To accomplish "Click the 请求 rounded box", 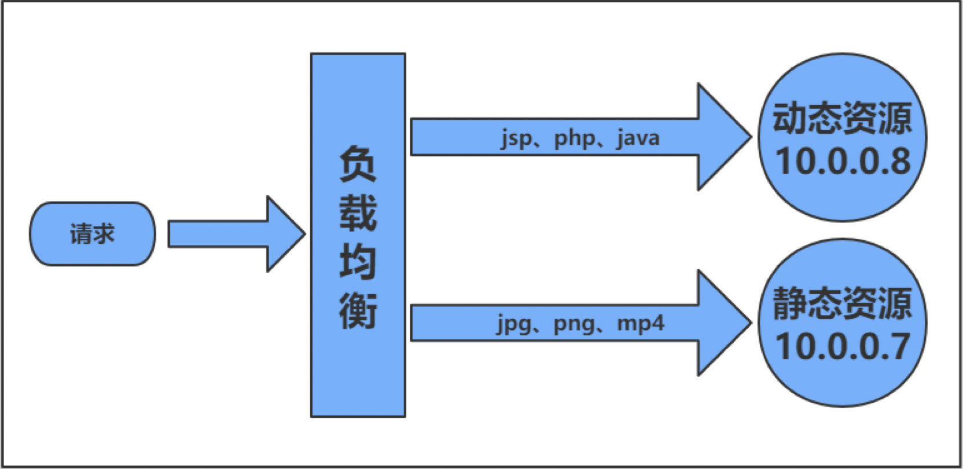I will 93,234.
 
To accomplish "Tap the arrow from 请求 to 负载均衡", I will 231,234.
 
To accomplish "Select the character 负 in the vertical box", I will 358,163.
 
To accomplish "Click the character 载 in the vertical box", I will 358,212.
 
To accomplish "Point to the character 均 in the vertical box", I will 358,261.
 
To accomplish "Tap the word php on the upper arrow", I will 574,138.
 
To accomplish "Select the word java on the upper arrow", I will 638,138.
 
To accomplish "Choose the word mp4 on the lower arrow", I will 641,324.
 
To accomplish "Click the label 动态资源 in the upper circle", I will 842,119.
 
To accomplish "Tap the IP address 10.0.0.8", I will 843,160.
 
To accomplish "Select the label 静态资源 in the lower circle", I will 842,303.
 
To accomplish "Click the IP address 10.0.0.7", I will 843,346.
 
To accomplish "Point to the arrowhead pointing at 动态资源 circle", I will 723,137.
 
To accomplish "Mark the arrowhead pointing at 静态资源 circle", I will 723,323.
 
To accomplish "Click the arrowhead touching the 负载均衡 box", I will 285,234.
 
